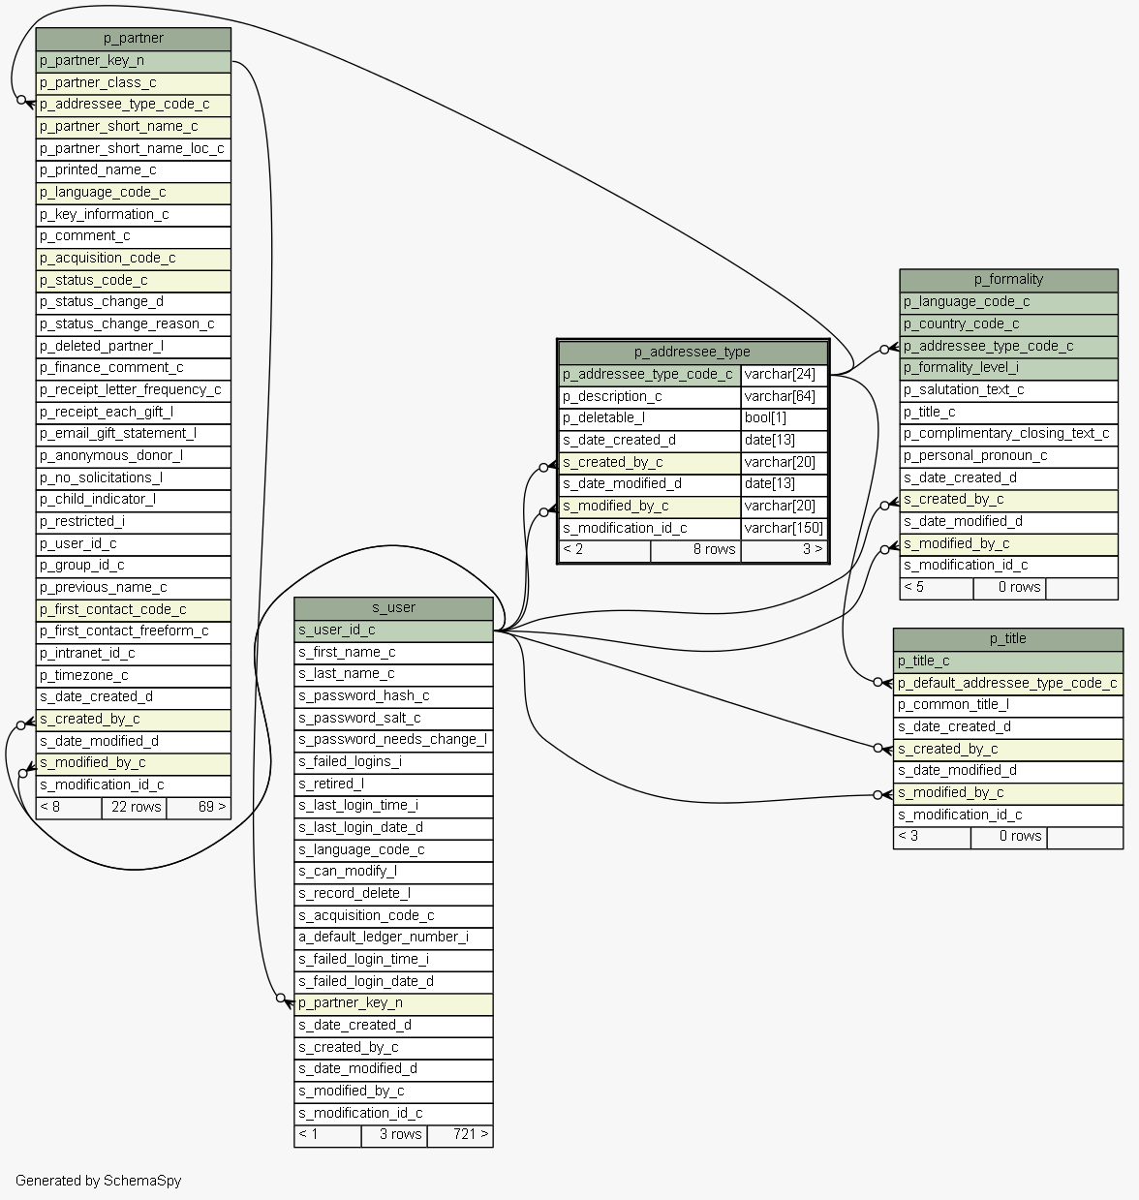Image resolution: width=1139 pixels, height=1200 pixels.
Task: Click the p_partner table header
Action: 133,39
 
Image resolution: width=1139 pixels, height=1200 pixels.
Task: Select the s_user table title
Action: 393,608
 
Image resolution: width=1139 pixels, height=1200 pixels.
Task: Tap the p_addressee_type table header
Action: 693,353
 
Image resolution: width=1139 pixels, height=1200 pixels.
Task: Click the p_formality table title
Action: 1008,280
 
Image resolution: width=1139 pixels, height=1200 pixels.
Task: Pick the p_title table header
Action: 1007,639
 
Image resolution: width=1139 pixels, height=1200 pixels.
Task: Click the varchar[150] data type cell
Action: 784,529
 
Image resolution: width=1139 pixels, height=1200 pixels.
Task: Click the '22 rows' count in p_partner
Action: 136,807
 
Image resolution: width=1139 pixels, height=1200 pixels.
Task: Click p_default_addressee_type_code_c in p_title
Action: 1007,684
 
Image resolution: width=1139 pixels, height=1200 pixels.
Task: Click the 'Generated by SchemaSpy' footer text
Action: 98,1181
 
